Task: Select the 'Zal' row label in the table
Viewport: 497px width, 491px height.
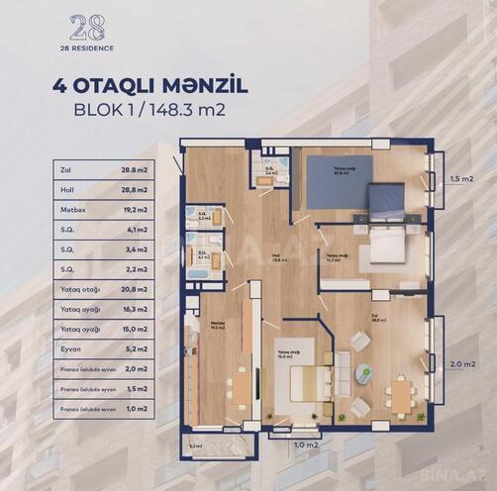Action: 66,170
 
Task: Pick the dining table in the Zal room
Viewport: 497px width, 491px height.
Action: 400,392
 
